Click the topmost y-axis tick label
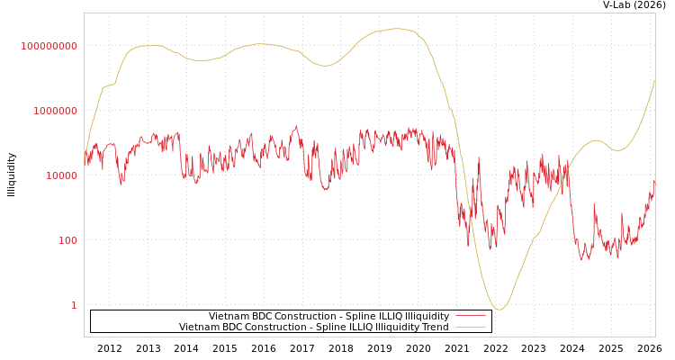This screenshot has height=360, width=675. [x=49, y=46]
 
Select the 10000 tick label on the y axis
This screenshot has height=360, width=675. [x=62, y=175]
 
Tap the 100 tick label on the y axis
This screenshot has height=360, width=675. [x=68, y=240]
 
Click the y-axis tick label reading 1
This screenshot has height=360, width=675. [x=75, y=305]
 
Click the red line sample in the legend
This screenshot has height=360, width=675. [x=471, y=316]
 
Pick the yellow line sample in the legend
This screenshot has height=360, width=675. [x=471, y=327]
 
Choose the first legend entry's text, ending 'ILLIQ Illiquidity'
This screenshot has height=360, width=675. [x=328, y=316]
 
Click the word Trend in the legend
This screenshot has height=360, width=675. [x=435, y=327]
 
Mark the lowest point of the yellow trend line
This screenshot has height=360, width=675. [x=499, y=310]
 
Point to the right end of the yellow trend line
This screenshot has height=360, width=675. [x=655, y=80]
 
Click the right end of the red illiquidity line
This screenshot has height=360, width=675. [x=655, y=180]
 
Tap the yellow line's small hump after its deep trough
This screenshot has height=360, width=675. [x=595, y=140]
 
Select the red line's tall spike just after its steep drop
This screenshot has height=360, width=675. [x=478, y=159]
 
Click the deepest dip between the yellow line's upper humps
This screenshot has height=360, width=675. [x=325, y=66]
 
